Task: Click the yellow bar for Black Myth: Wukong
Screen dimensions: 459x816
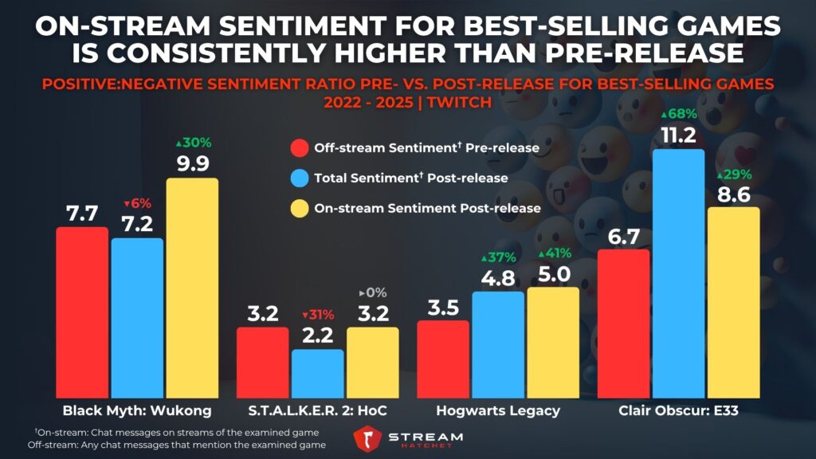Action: pos(192,288)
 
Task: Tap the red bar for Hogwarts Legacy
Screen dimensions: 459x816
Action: pos(443,359)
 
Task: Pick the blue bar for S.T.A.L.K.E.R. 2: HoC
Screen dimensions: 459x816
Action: pos(318,374)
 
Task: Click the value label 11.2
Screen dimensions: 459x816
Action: pos(678,133)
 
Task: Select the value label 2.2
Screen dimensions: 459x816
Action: pos(318,334)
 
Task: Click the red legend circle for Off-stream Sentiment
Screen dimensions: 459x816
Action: pos(300,148)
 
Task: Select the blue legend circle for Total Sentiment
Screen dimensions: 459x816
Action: pos(300,178)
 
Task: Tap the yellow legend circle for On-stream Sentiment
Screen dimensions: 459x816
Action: pos(300,207)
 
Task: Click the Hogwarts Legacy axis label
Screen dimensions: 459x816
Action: pos(498,411)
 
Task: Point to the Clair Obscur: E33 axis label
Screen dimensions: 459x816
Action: pos(678,411)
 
